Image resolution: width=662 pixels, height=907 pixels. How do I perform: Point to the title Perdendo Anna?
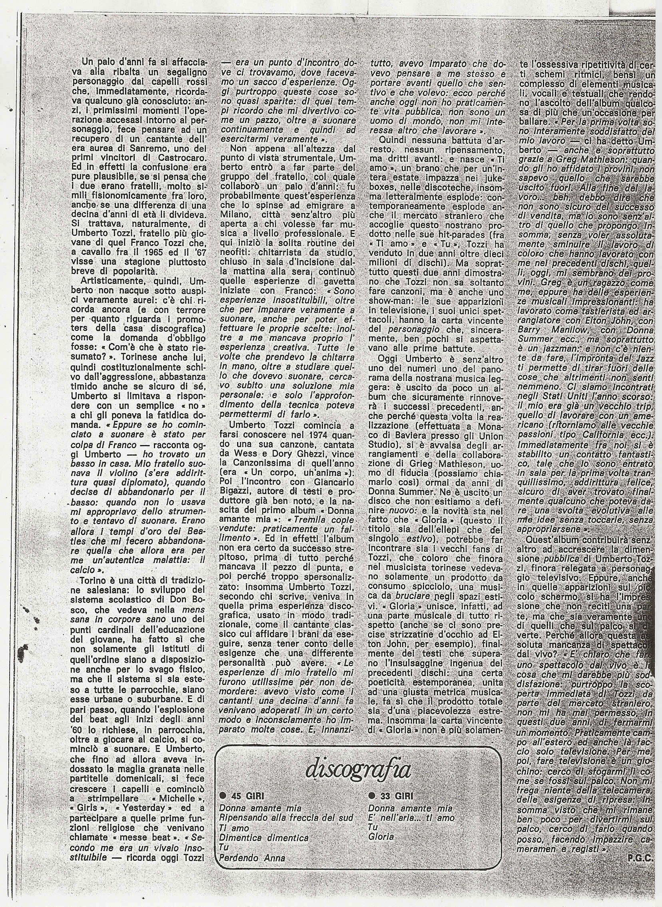pos(253,858)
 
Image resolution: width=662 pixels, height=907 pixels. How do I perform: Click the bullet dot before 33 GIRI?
pos(371,796)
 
